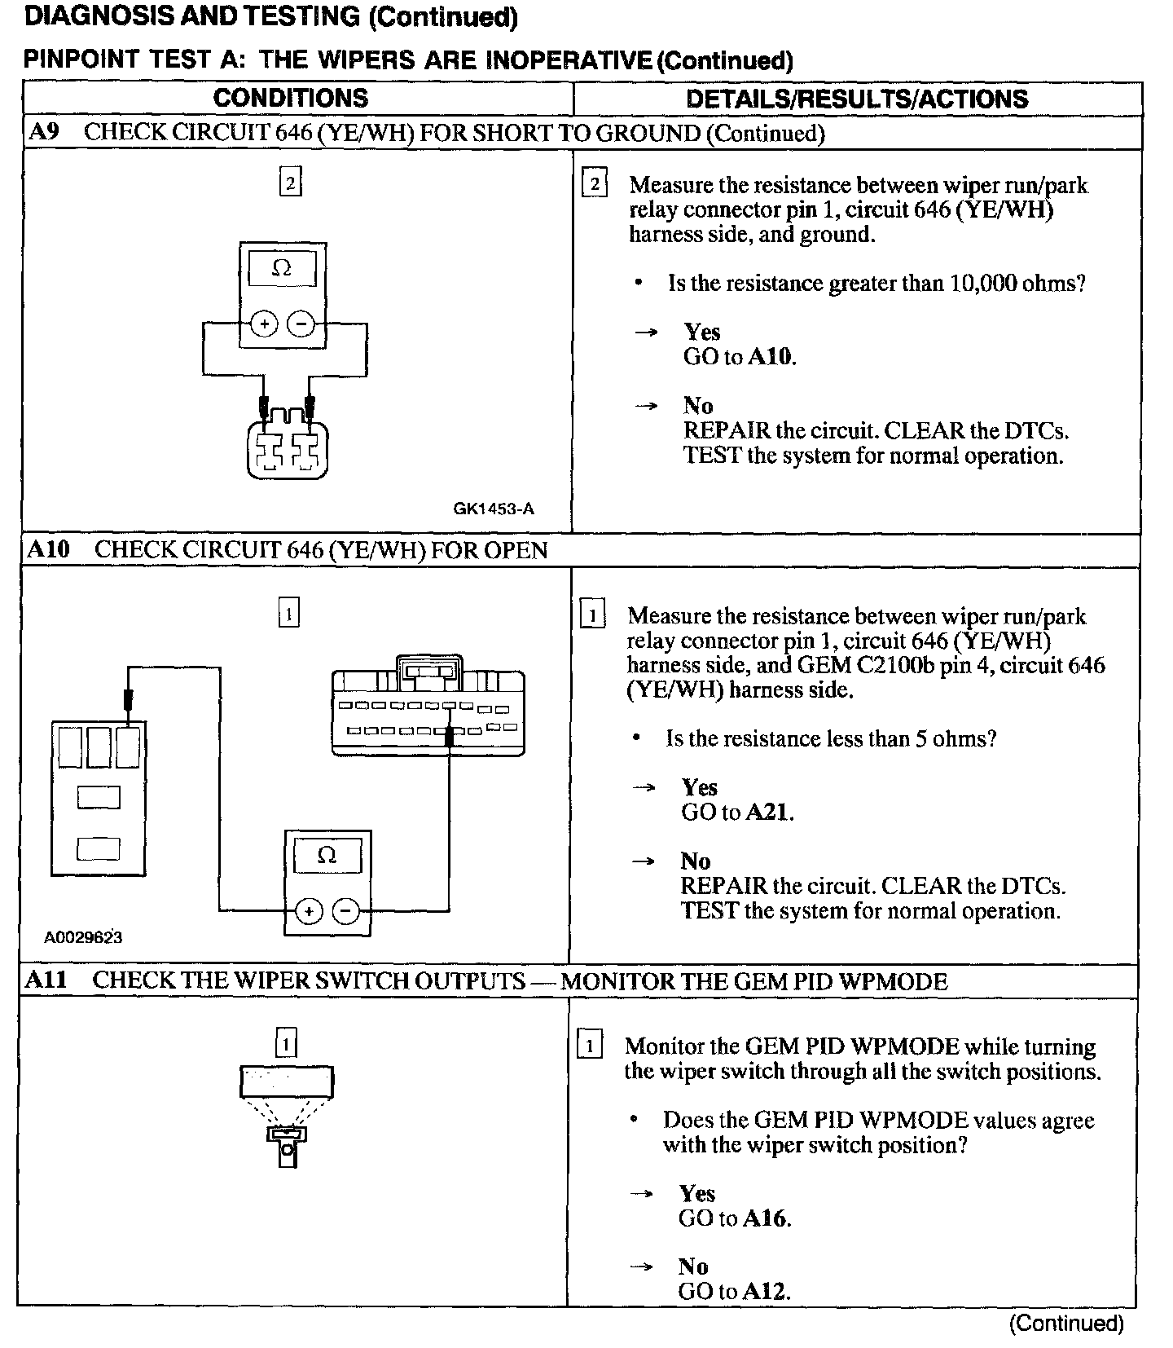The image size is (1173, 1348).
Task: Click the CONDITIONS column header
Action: (x=290, y=99)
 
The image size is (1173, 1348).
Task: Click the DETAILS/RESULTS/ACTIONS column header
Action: (x=857, y=99)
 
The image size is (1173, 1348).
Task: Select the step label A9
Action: (x=43, y=133)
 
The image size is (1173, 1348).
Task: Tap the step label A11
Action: (x=46, y=980)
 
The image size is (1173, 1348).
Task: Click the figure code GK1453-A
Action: (x=494, y=509)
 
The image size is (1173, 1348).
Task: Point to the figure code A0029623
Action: (x=83, y=937)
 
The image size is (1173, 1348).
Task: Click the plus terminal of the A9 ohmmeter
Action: (x=263, y=324)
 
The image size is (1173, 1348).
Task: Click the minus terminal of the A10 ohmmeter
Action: (x=347, y=911)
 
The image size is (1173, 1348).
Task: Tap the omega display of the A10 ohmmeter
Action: (x=327, y=856)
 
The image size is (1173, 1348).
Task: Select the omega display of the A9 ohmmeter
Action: (x=282, y=269)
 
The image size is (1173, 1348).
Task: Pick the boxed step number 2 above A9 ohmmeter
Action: (x=290, y=181)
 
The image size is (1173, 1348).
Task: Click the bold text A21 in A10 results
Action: (x=768, y=813)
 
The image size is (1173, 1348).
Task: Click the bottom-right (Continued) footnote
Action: (x=1066, y=1324)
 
